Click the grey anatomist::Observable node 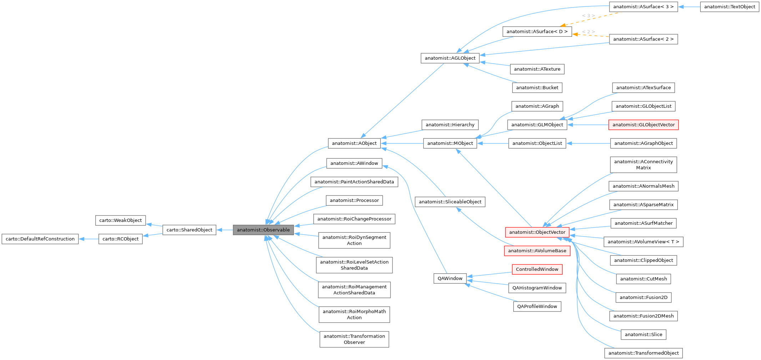click(x=263, y=230)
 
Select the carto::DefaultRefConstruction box click(x=40, y=239)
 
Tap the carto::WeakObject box click(x=120, y=220)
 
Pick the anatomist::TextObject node click(x=729, y=7)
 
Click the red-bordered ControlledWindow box click(x=537, y=269)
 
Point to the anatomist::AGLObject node click(x=450, y=58)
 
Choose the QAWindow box click(x=450, y=278)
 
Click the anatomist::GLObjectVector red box click(x=643, y=125)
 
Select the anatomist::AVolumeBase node click(x=537, y=251)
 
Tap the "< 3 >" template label click(x=588, y=16)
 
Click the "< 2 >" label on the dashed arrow click(x=588, y=32)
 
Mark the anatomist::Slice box click(x=643, y=335)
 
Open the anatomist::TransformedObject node click(x=643, y=353)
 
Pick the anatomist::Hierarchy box click(x=450, y=125)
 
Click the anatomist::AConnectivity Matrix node click(x=643, y=165)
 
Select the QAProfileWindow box click(x=537, y=306)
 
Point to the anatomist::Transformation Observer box click(x=354, y=339)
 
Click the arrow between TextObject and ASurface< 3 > click(x=689, y=7)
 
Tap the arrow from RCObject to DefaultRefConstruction click(x=89, y=239)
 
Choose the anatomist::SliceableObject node click(x=450, y=202)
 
